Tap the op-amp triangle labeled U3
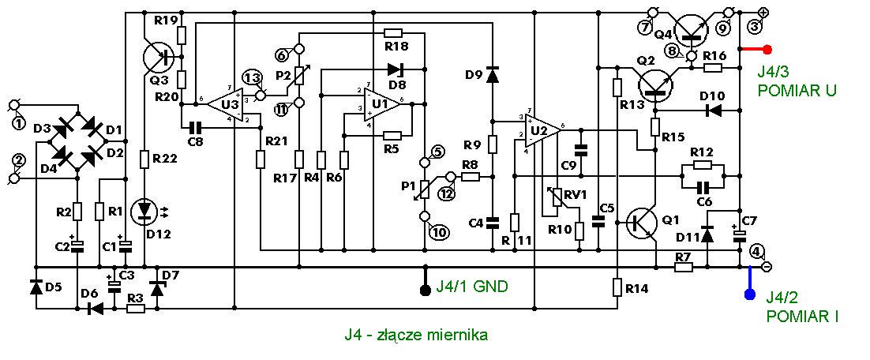point(224,103)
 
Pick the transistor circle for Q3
point(159,57)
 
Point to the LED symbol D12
point(144,210)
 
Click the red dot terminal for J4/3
point(768,50)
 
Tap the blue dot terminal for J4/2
point(749,294)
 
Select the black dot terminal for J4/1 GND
point(426,290)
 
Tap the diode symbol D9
point(492,74)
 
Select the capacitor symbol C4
point(492,223)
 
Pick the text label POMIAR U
point(797,91)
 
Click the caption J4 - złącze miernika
point(415,335)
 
